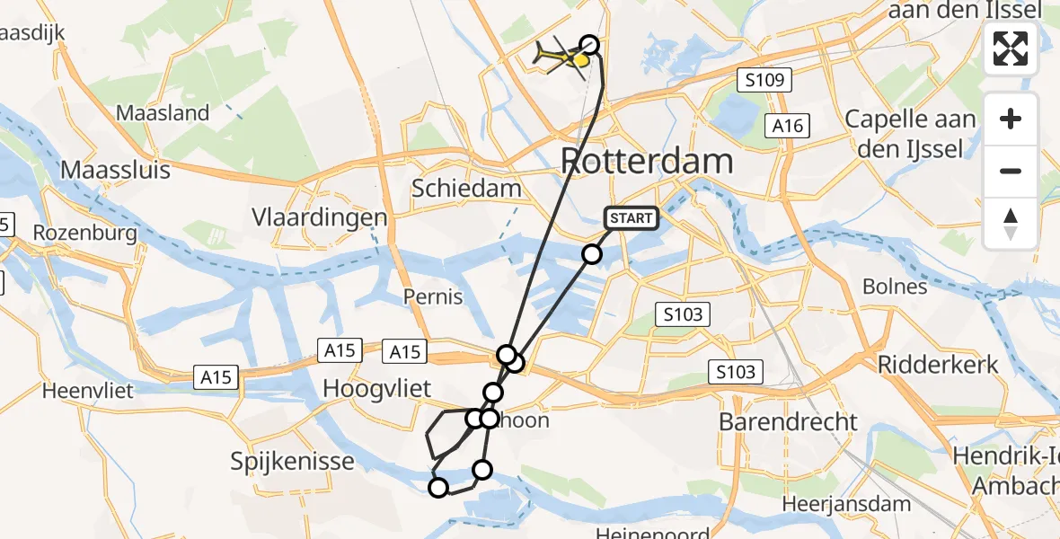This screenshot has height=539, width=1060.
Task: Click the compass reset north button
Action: [1011, 224]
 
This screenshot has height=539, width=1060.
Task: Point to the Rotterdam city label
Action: [647, 162]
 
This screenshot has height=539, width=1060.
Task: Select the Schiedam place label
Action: [466, 189]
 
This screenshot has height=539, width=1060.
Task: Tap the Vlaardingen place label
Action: [332, 217]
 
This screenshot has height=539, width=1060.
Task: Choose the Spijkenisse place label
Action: [292, 463]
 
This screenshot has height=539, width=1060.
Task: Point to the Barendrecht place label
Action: [789, 421]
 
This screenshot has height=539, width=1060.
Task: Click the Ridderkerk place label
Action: [937, 365]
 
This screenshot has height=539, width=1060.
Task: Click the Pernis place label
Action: [433, 297]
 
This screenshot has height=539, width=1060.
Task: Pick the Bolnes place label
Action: [894, 287]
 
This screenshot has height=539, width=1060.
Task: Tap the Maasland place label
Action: [163, 113]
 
